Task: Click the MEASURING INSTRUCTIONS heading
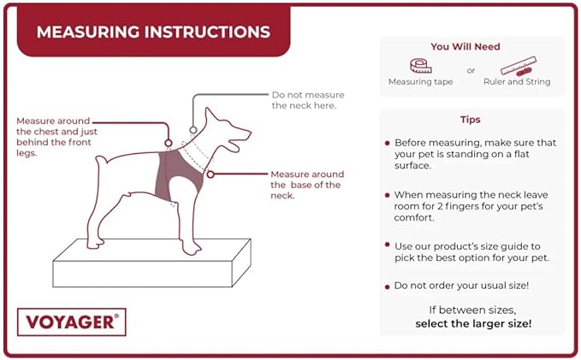(x=154, y=32)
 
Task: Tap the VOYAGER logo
(x=71, y=322)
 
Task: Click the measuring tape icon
(x=421, y=65)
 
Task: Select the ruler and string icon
(x=518, y=65)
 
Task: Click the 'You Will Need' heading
(x=465, y=46)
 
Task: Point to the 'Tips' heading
(x=470, y=120)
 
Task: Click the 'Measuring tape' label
(x=421, y=82)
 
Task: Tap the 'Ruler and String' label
(x=518, y=82)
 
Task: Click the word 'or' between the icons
(x=471, y=70)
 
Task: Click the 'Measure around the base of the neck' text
(x=305, y=184)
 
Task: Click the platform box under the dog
(x=151, y=265)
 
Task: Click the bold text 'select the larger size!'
(x=473, y=324)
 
